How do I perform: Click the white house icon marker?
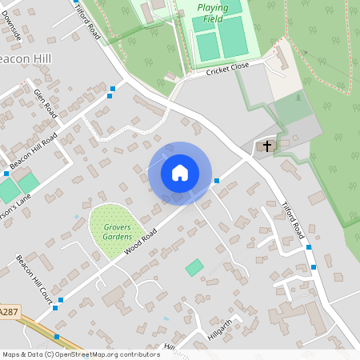[180, 173]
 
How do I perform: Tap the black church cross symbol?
[266, 146]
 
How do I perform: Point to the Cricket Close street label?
[227, 70]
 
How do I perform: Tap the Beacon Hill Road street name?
[34, 150]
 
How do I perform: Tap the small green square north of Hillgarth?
[194, 267]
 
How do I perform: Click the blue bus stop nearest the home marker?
[217, 181]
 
